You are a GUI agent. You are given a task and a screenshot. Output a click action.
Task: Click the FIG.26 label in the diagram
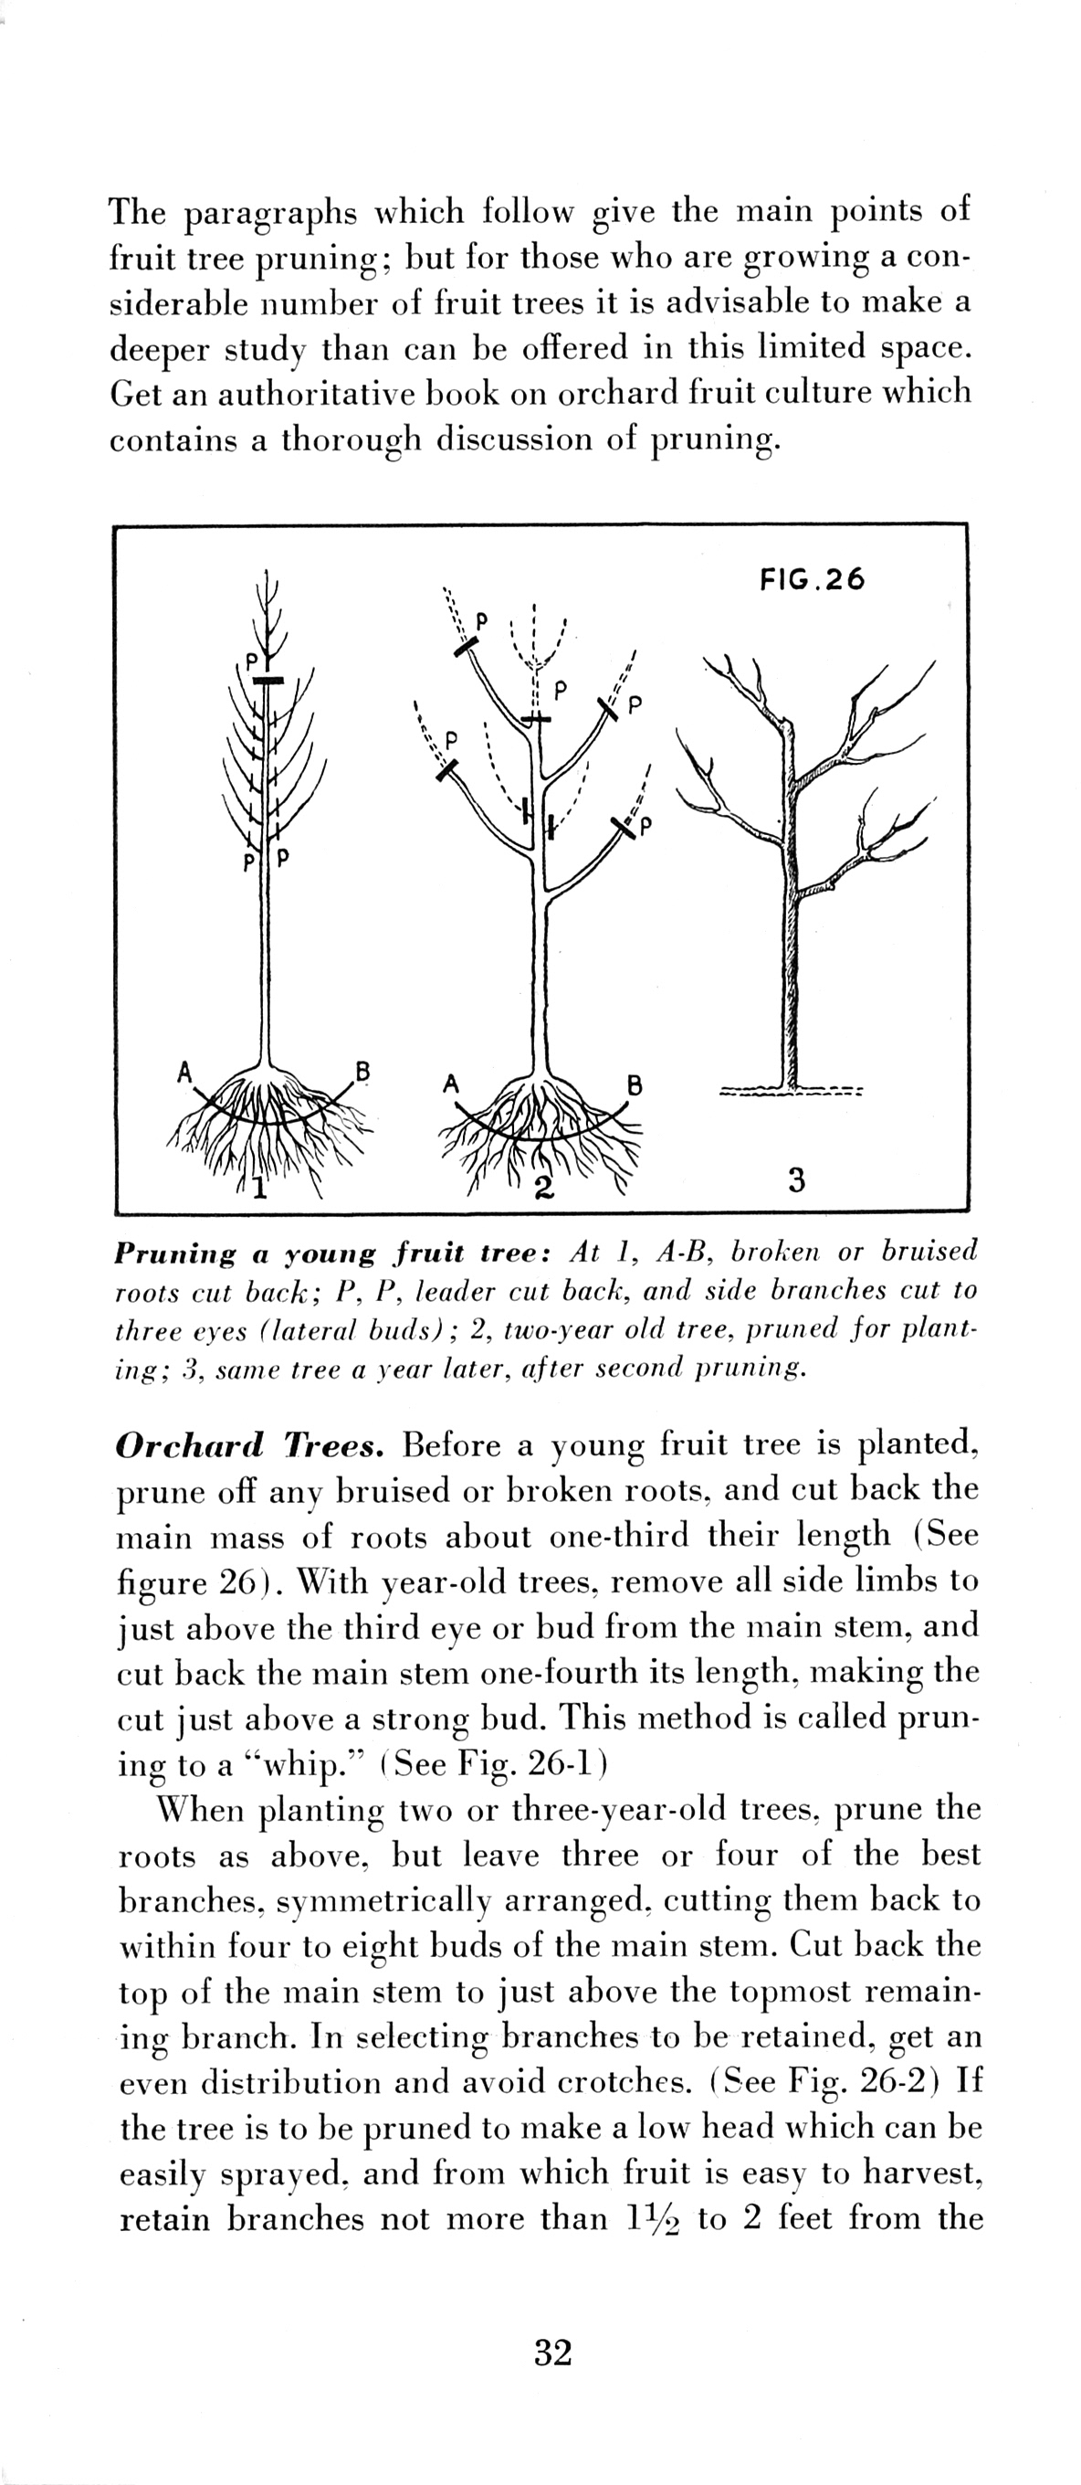pos(812,580)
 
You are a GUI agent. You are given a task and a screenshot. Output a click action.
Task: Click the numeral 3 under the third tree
pos(795,1179)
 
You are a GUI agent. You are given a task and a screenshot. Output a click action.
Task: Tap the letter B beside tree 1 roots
pos(362,1071)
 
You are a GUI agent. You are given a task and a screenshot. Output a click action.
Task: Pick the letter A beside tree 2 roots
pos(449,1084)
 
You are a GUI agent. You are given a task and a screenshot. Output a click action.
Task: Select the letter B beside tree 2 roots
pos(635,1085)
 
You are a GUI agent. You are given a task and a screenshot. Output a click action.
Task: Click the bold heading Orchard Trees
pos(251,1446)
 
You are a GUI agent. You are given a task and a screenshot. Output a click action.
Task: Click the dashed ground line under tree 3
pos(791,1094)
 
